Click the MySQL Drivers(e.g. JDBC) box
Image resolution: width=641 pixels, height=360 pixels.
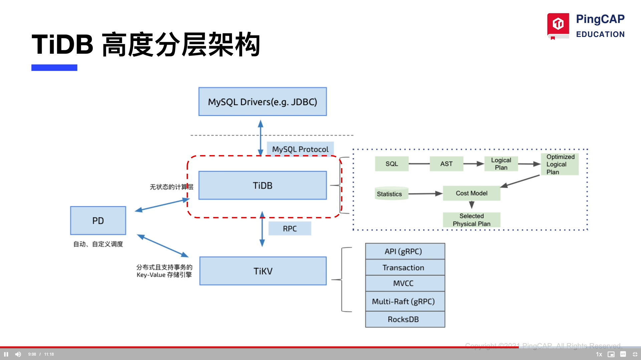262,102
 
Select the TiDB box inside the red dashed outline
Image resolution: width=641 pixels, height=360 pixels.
262,186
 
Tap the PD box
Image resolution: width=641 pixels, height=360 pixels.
98,221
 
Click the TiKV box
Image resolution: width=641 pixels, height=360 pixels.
263,271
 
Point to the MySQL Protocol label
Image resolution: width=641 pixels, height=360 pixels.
300,149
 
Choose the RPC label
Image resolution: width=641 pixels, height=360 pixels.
289,229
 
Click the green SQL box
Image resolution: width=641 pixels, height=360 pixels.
392,164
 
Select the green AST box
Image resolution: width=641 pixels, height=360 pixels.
446,164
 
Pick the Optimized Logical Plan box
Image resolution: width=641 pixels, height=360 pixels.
560,164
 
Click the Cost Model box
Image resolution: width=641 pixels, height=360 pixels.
471,193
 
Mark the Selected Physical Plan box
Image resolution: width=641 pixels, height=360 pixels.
471,220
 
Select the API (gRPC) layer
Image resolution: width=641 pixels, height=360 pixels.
405,251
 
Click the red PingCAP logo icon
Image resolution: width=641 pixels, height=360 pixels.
558,25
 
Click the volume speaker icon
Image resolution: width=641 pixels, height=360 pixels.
18,354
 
